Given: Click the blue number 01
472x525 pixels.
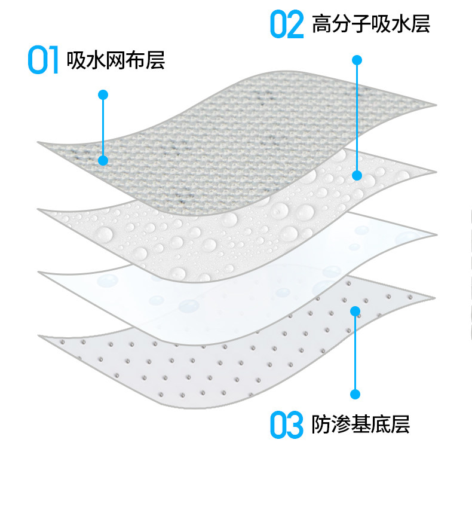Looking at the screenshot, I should pyautogui.click(x=44, y=61).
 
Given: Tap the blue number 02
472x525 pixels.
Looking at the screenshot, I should pyautogui.click(x=287, y=25).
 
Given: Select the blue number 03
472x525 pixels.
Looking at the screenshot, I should pyautogui.click(x=287, y=425).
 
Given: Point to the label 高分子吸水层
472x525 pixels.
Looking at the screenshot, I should pyautogui.click(x=371, y=25).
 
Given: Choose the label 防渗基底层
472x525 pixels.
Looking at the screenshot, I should pyautogui.click(x=361, y=425).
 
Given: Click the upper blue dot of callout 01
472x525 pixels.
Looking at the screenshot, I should pyautogui.click(x=103, y=94).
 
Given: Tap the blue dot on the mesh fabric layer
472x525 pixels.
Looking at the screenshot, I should pyautogui.click(x=103, y=160).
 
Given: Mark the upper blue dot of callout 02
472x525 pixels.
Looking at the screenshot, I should pyautogui.click(x=357, y=60).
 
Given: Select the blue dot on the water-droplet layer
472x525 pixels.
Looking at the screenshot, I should pyautogui.click(x=357, y=175).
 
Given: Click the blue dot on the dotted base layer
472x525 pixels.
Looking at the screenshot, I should pyautogui.click(x=355, y=311).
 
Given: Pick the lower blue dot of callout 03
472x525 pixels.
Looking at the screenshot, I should pyautogui.click(x=355, y=394).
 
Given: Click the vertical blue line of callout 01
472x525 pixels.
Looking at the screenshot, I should pyautogui.click(x=103, y=127).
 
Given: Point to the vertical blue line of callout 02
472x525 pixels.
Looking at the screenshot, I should pyautogui.click(x=357, y=117).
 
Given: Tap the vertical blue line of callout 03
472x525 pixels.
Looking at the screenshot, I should pyautogui.click(x=355, y=353).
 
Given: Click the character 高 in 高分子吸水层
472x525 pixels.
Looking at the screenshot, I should pyautogui.click(x=323, y=25).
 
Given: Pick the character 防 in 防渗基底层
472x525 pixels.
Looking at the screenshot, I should pyautogui.click(x=322, y=425).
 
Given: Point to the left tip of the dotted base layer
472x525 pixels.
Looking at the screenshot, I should pyautogui.click(x=40, y=335).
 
